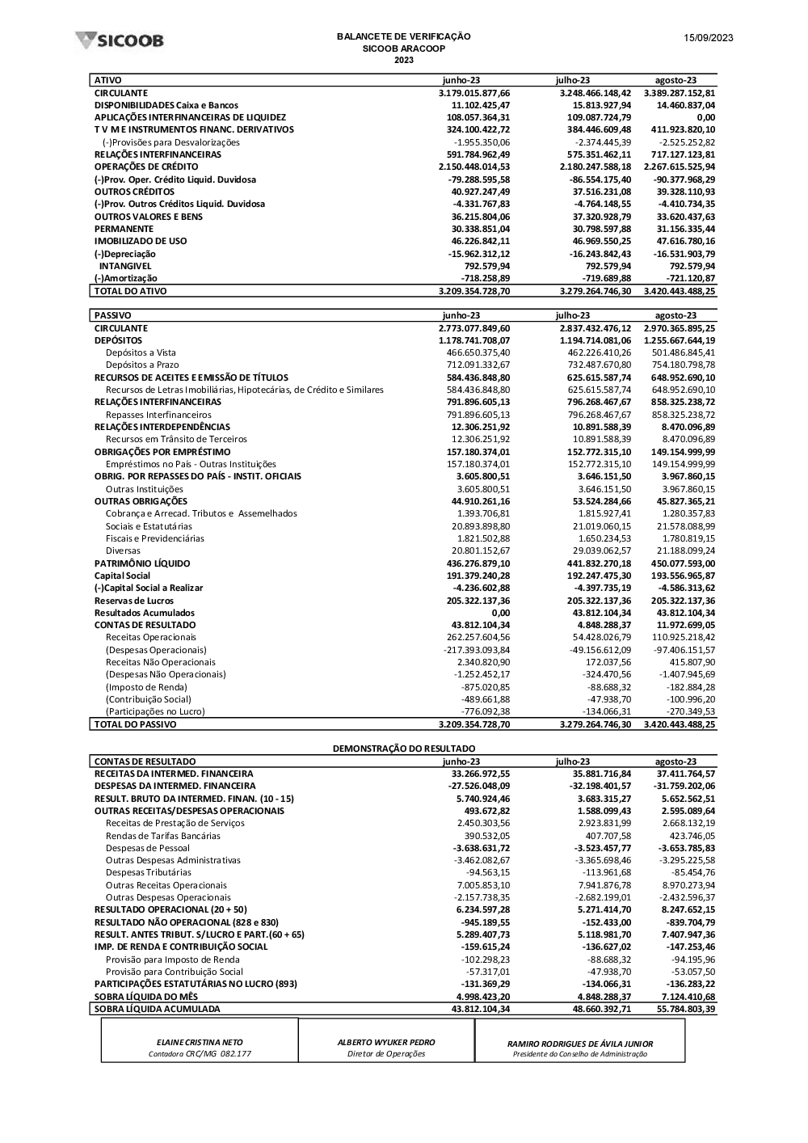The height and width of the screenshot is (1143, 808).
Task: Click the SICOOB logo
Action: point(119,40)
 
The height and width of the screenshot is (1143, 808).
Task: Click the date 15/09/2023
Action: point(708,38)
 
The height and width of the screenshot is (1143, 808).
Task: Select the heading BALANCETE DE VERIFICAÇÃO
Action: point(403,36)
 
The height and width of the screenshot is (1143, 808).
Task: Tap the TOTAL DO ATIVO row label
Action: point(130,290)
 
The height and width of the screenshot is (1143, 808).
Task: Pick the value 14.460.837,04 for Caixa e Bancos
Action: point(685,105)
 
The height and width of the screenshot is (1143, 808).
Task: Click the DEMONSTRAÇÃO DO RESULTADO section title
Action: point(404,749)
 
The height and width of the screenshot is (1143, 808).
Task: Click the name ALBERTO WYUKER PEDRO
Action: point(386,1043)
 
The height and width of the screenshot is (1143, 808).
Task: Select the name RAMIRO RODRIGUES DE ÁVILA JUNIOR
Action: point(580,1044)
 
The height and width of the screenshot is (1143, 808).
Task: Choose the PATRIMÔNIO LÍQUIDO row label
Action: point(142,563)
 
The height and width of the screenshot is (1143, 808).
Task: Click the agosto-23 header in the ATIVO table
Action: point(675,80)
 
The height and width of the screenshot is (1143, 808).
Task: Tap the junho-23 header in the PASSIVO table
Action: point(461,315)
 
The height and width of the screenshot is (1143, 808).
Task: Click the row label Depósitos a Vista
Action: point(141,352)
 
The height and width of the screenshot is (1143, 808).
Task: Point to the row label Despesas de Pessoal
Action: point(148,848)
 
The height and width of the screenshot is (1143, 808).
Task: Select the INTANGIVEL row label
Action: point(125,266)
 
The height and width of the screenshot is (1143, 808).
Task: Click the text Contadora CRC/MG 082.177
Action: point(200,1054)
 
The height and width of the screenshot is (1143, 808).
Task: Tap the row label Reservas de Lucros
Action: point(134,601)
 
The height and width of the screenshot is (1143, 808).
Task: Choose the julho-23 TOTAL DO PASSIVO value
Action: point(595,724)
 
